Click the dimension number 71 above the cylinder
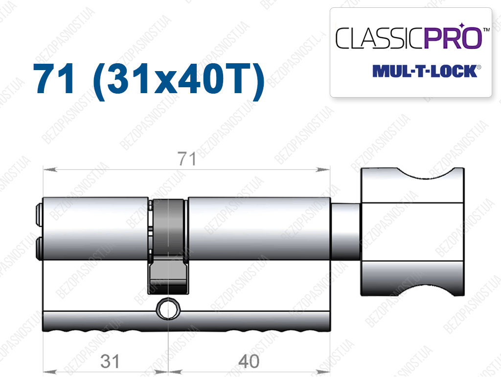pyautogui.click(x=187, y=159)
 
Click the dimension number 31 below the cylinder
pyautogui.click(x=110, y=362)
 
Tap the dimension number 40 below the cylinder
pyautogui.click(x=249, y=362)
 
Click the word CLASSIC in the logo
pyautogui.click(x=380, y=38)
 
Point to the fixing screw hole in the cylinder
pyautogui.click(x=168, y=309)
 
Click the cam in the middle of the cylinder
pyautogui.click(x=168, y=247)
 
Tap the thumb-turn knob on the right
pyautogui.click(x=412, y=231)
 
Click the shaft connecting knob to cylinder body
pyautogui.click(x=346, y=231)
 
